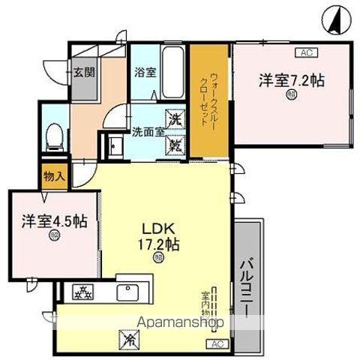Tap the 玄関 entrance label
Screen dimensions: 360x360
click(x=83, y=73)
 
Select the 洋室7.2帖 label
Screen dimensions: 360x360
click(x=292, y=79)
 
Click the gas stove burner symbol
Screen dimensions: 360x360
click(x=82, y=291)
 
